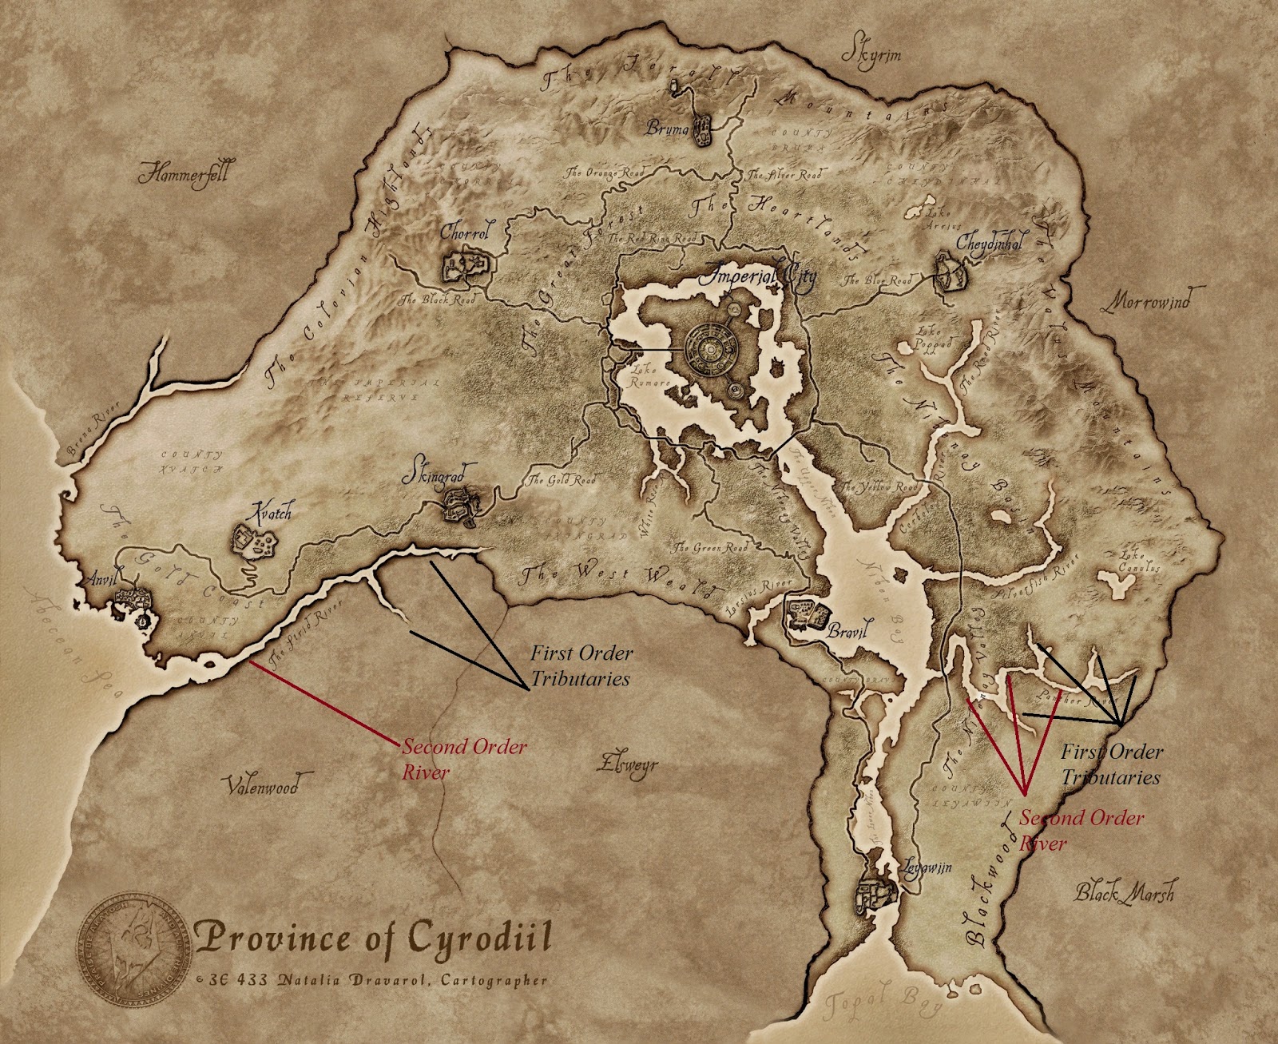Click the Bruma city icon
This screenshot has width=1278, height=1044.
(701, 131)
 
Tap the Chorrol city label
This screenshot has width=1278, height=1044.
(464, 232)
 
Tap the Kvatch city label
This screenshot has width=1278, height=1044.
(272, 511)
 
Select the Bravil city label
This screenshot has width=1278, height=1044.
(847, 632)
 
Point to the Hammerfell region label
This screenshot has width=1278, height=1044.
(183, 173)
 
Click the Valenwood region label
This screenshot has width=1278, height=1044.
(260, 786)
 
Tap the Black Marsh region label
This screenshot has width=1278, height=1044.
(1124, 892)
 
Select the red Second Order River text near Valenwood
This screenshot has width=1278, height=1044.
(463, 759)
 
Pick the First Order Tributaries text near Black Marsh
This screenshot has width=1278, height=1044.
(1111, 764)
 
